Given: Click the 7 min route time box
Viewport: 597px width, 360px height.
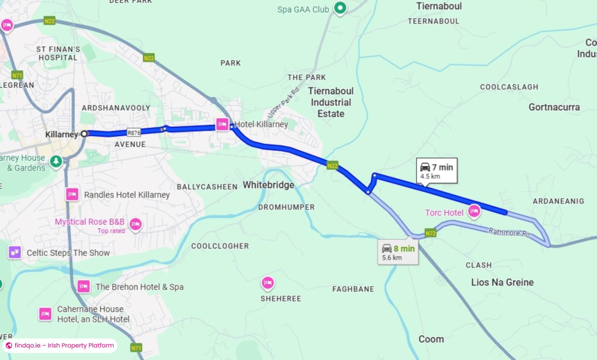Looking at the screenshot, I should pos(437,171).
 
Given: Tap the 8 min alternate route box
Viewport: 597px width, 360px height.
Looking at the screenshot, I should pos(398,252).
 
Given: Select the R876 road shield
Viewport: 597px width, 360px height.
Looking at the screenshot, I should pos(134,133).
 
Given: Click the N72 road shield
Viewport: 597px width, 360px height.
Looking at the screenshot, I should pos(430,233).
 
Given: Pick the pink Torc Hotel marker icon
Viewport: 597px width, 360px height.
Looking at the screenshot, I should pos(474,211).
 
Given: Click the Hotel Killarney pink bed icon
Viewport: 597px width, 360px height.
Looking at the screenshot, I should pos(222,125).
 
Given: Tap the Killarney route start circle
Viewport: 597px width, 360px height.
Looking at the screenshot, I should pos(84,134).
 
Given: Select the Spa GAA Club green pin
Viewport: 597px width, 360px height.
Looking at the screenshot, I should pos(340,8).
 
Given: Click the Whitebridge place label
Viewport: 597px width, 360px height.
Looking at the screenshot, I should pos(268,185).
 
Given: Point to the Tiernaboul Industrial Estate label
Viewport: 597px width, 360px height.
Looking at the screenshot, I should pos(331,102).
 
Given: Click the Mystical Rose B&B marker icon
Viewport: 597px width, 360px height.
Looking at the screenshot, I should pos(136,224).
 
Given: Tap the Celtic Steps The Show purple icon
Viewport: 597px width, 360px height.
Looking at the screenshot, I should pos(15,252).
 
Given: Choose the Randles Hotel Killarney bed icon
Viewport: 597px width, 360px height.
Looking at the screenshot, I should pos(72,195).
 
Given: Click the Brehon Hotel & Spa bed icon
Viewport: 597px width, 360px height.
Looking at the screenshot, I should pos(83,286).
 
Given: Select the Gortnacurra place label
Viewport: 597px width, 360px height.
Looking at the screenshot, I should pos(554,107).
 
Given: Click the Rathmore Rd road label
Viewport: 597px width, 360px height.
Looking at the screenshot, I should pos(509,232).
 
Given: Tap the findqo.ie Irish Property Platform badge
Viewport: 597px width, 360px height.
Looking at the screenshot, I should pos(60,345).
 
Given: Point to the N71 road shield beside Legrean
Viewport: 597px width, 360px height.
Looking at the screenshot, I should pos(17,75).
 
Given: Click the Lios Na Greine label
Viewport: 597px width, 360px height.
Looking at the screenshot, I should pos(502,282).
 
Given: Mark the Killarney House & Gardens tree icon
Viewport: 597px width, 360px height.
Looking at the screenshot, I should pos(56,161).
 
